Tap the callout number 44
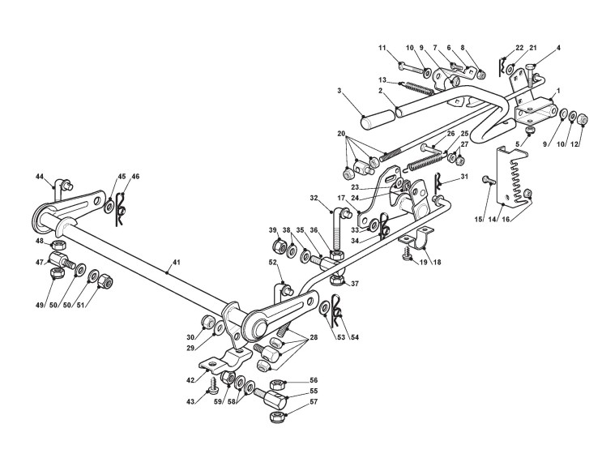tap(39, 176)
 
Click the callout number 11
tap(382, 49)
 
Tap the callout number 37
tap(353, 283)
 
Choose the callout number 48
tap(39, 241)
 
